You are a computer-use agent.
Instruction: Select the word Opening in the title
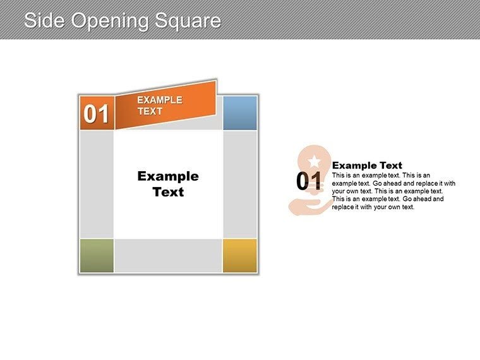pyautogui.click(x=110, y=21)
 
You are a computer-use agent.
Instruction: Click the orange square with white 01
pyautogui.click(x=97, y=113)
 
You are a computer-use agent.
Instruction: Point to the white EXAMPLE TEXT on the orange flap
pyautogui.click(x=159, y=105)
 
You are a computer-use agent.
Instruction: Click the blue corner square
pyautogui.click(x=240, y=113)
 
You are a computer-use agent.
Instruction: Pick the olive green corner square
pyautogui.click(x=97, y=256)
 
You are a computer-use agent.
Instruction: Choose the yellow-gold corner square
pyautogui.click(x=240, y=256)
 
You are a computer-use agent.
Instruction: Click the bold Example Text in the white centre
pyautogui.click(x=168, y=184)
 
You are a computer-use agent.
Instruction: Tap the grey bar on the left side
pyautogui.click(x=97, y=184)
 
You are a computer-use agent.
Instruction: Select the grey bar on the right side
pyautogui.click(x=240, y=184)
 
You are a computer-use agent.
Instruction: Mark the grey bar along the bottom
pyautogui.click(x=168, y=256)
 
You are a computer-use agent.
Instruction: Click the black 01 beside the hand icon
pyautogui.click(x=309, y=182)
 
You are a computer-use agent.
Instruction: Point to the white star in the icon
pyautogui.click(x=314, y=162)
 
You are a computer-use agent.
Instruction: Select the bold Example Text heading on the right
pyautogui.click(x=367, y=165)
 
